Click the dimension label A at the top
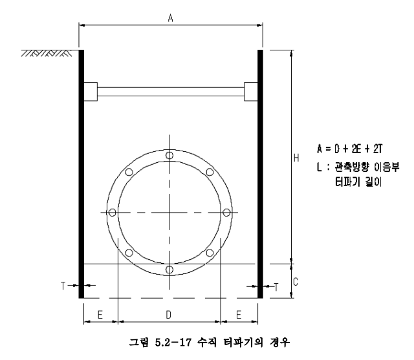(171, 18)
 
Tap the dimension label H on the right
(296, 158)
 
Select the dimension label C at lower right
(296, 282)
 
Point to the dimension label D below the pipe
(168, 315)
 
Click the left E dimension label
(100, 315)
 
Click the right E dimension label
(239, 315)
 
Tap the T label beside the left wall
(63, 286)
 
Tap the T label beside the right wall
(276, 287)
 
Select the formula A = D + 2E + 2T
(350, 149)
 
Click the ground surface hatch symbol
(47, 53)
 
